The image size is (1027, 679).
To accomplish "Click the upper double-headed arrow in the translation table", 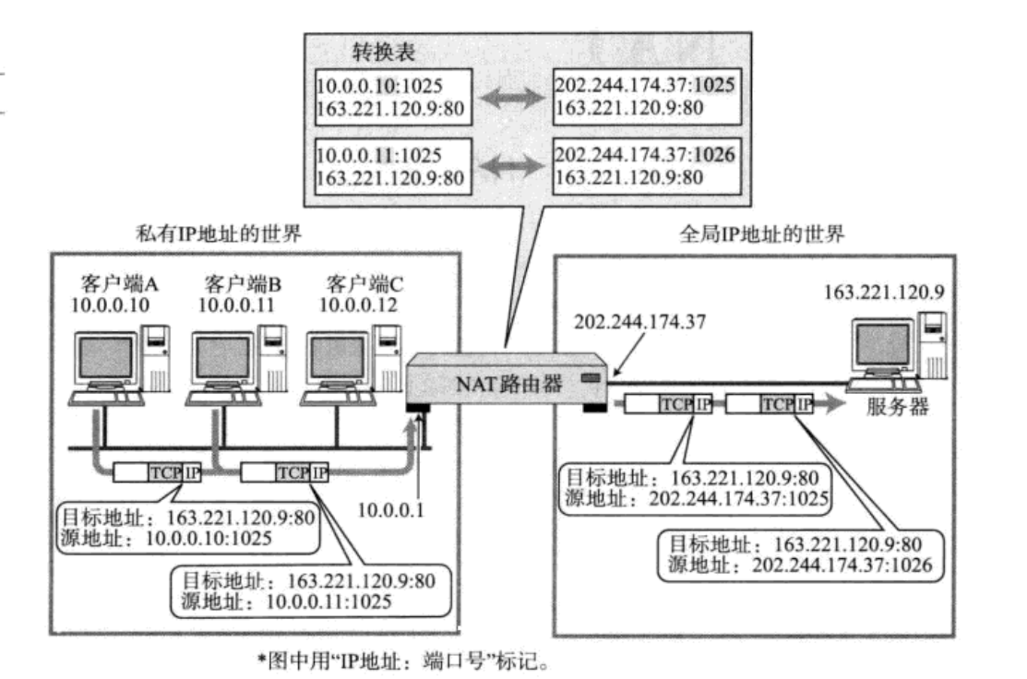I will pos(513,98).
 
